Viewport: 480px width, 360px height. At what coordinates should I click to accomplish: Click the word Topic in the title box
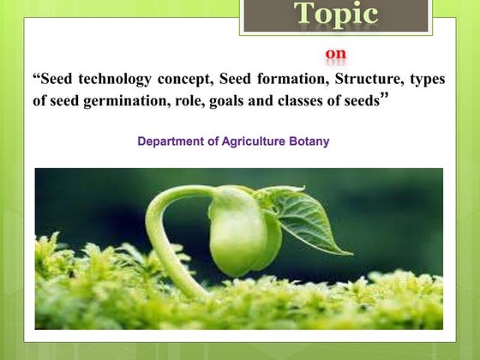pyautogui.click(x=336, y=14)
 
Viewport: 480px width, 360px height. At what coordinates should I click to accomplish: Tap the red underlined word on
pyautogui.click(x=336, y=56)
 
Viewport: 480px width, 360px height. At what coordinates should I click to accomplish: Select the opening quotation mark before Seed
pyautogui.click(x=36, y=78)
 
